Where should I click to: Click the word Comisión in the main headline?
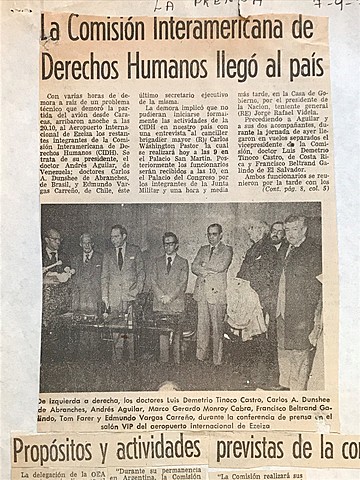click(119, 27)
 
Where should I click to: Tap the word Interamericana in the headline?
click(235, 27)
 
